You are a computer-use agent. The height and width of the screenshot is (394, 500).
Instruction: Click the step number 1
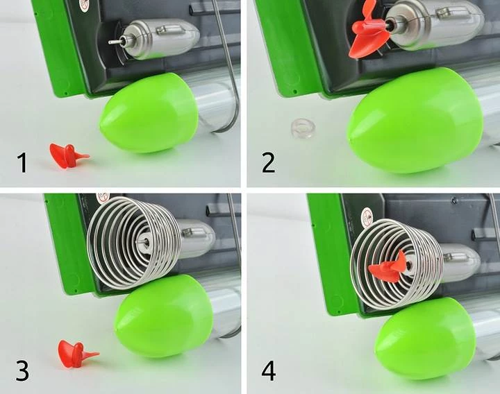(22, 162)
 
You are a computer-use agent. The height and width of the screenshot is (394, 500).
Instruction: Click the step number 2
(268, 162)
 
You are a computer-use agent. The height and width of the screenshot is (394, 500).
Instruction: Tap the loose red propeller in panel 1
(67, 155)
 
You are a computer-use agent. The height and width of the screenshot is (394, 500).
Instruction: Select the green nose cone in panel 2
(415, 121)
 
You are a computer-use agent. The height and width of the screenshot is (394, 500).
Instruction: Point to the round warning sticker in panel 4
(367, 216)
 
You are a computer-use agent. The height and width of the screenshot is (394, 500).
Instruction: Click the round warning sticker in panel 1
(85, 5)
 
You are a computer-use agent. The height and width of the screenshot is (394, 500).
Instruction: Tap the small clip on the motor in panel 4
(456, 257)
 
